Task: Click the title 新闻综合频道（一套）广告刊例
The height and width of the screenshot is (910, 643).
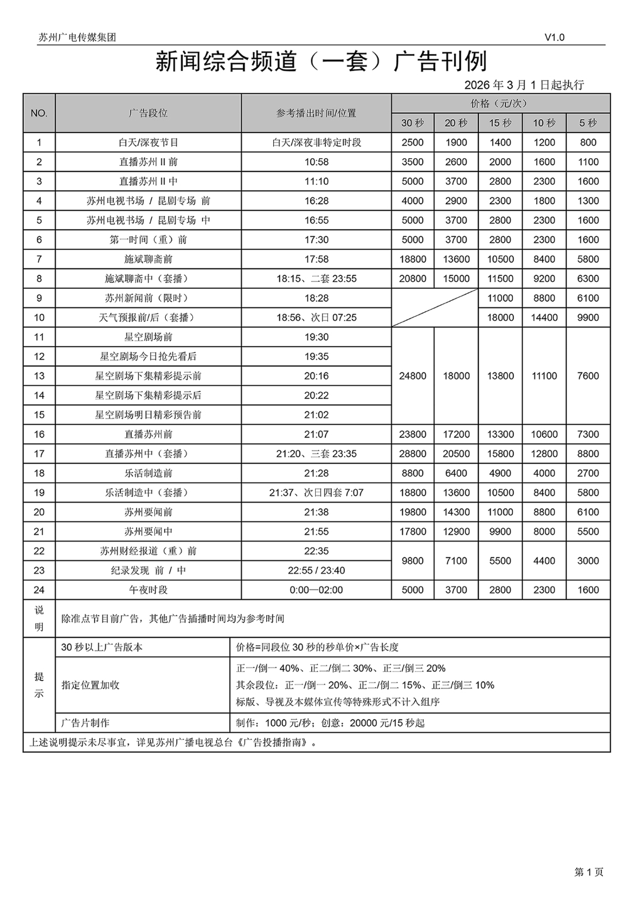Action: (x=321, y=62)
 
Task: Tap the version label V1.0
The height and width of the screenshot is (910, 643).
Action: (x=554, y=38)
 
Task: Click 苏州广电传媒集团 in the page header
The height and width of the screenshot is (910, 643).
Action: (x=77, y=38)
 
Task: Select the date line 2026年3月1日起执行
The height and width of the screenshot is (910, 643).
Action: (x=524, y=85)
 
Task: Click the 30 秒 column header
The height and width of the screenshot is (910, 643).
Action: (x=413, y=123)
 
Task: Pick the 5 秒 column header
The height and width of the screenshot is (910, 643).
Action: (x=588, y=123)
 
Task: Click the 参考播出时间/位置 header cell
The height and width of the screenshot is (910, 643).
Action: (x=316, y=113)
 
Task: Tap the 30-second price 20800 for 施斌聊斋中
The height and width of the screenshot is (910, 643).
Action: (x=413, y=279)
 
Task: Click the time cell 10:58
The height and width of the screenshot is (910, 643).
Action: (x=316, y=162)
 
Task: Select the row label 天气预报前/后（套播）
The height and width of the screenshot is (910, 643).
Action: (x=148, y=318)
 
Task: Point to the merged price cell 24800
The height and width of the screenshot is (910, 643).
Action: (x=413, y=376)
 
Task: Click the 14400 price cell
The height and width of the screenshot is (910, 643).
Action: (x=544, y=318)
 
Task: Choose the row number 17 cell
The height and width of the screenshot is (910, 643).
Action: (x=39, y=454)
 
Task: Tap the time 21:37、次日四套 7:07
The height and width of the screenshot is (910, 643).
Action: (x=316, y=493)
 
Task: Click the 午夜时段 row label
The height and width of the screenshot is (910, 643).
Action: (x=148, y=590)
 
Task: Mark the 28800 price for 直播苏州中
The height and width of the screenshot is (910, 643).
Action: (x=413, y=454)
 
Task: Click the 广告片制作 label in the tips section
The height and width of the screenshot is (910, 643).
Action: (x=85, y=723)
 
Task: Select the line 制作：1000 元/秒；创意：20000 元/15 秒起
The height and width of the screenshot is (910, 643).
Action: (x=330, y=723)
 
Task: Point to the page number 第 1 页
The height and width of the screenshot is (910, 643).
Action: (x=588, y=872)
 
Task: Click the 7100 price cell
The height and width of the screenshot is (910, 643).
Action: (x=456, y=561)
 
